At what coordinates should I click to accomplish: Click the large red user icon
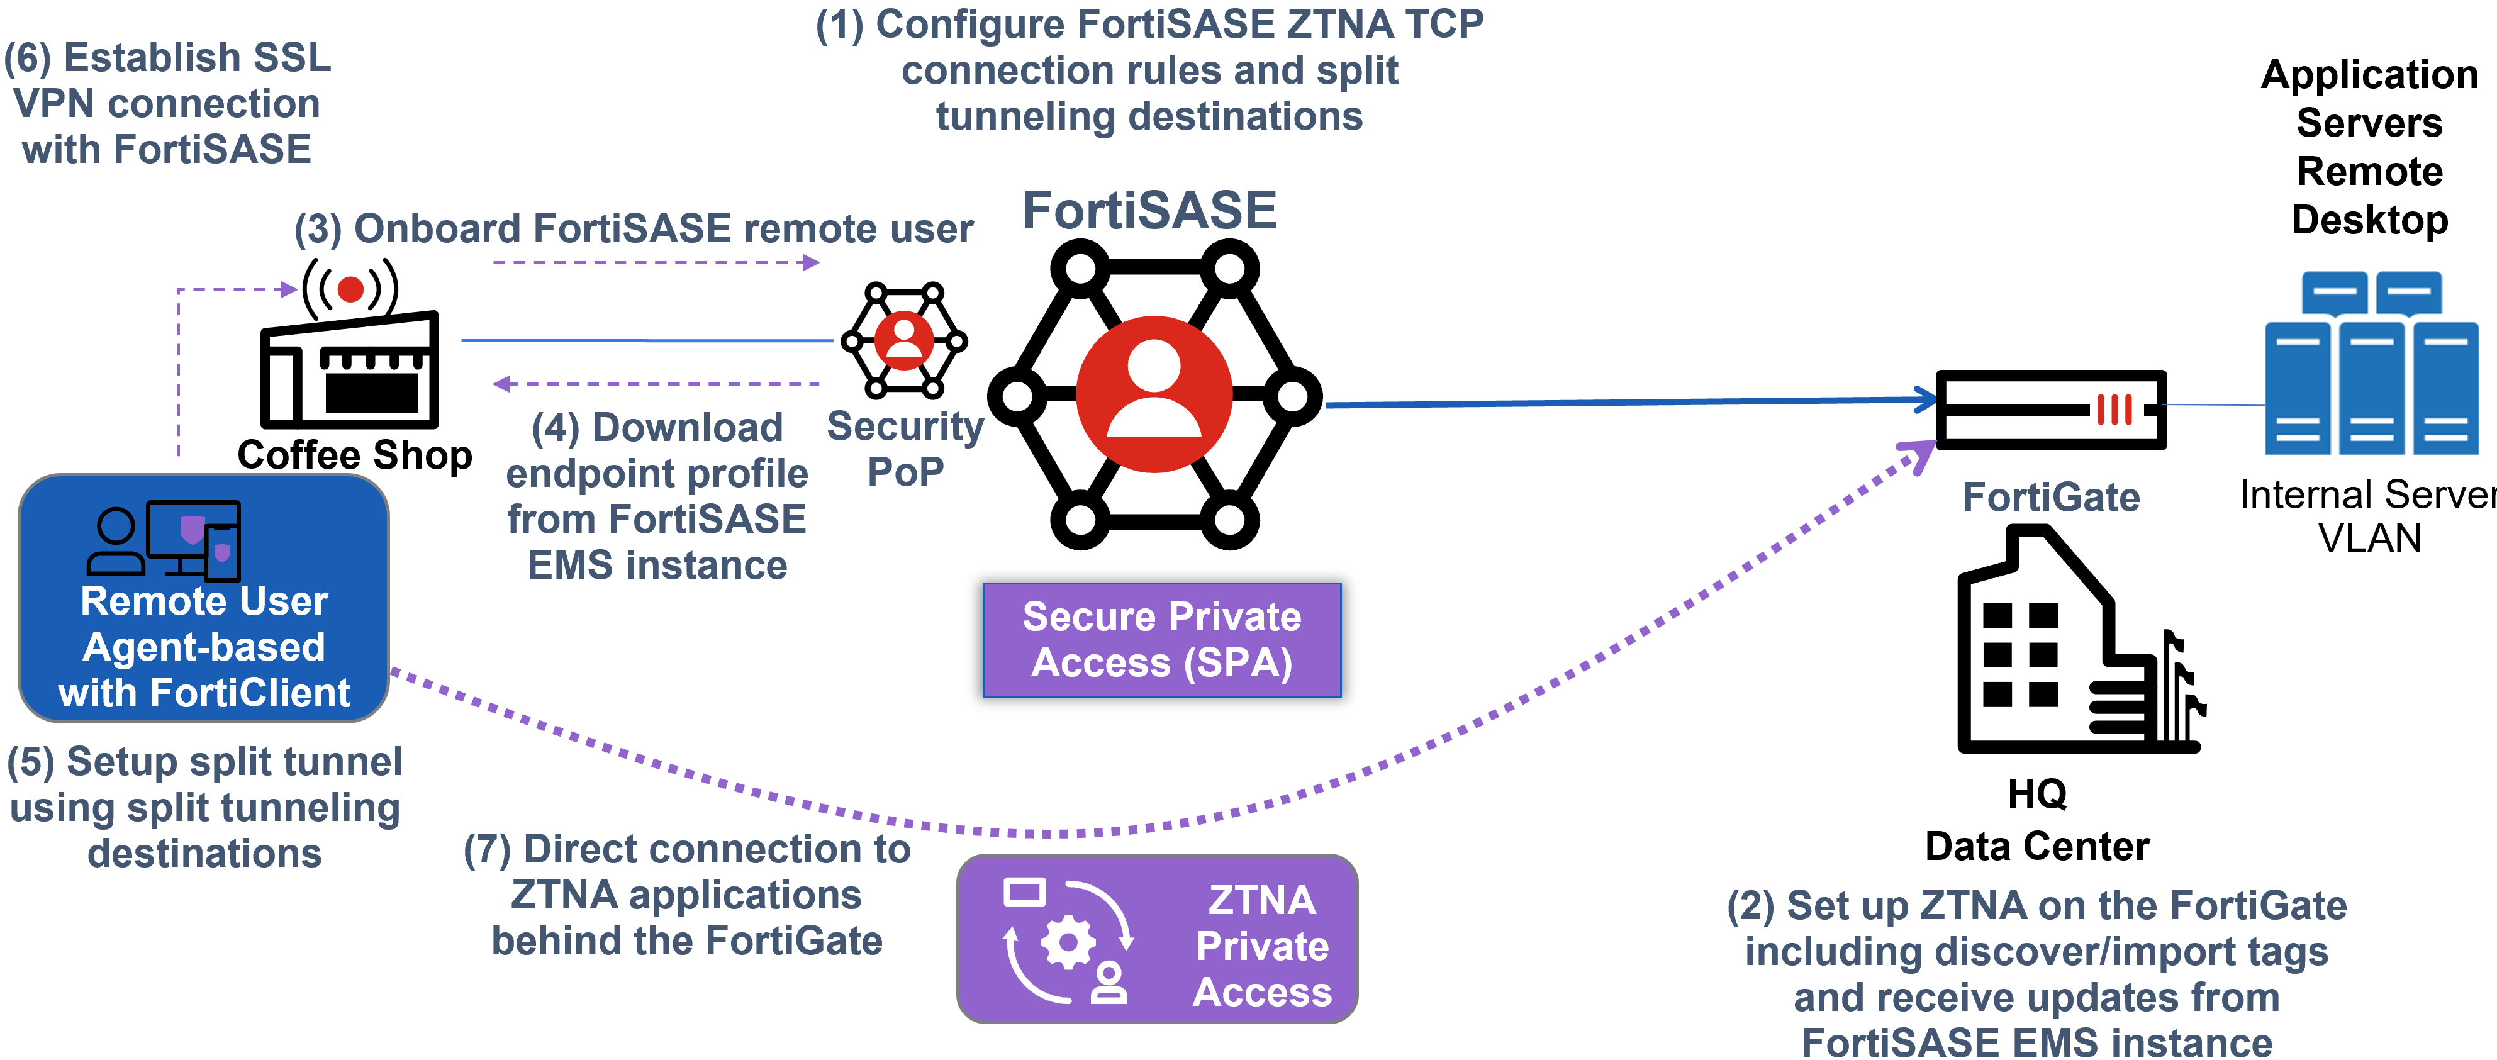coord(1154,394)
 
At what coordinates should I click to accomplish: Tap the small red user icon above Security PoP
coord(903,340)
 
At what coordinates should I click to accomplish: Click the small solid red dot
coord(350,289)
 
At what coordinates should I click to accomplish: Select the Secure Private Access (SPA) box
coord(1161,640)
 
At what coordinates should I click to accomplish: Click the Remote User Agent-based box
coord(204,598)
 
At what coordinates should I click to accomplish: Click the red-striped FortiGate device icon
coord(2115,410)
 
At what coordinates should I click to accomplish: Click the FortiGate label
coord(2050,497)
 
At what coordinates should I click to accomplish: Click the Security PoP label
coord(905,449)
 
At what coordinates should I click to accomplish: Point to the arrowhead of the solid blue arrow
coord(1927,399)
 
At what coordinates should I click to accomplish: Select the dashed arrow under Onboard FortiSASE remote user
coord(656,262)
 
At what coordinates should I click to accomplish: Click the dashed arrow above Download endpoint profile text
coord(656,384)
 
